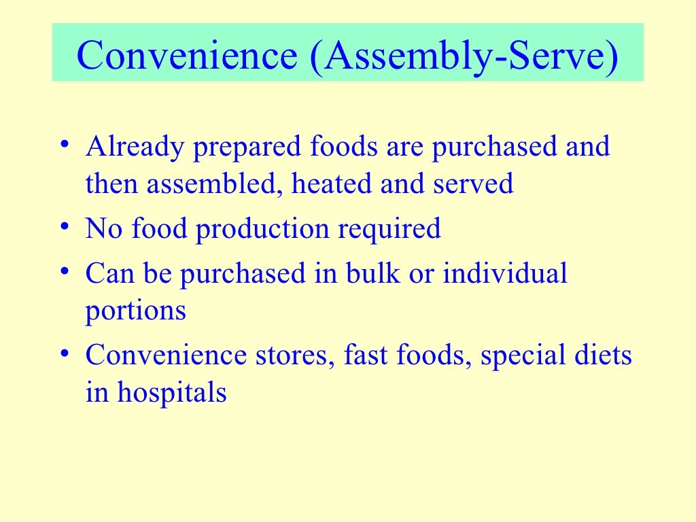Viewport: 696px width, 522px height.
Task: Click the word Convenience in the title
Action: coord(188,57)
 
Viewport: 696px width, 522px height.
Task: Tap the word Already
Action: coord(135,148)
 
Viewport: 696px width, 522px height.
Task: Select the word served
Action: coord(475,184)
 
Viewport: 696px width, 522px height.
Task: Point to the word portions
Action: coord(135,311)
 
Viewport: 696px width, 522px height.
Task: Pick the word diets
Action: coord(602,355)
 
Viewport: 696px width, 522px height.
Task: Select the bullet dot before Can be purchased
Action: coord(63,272)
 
